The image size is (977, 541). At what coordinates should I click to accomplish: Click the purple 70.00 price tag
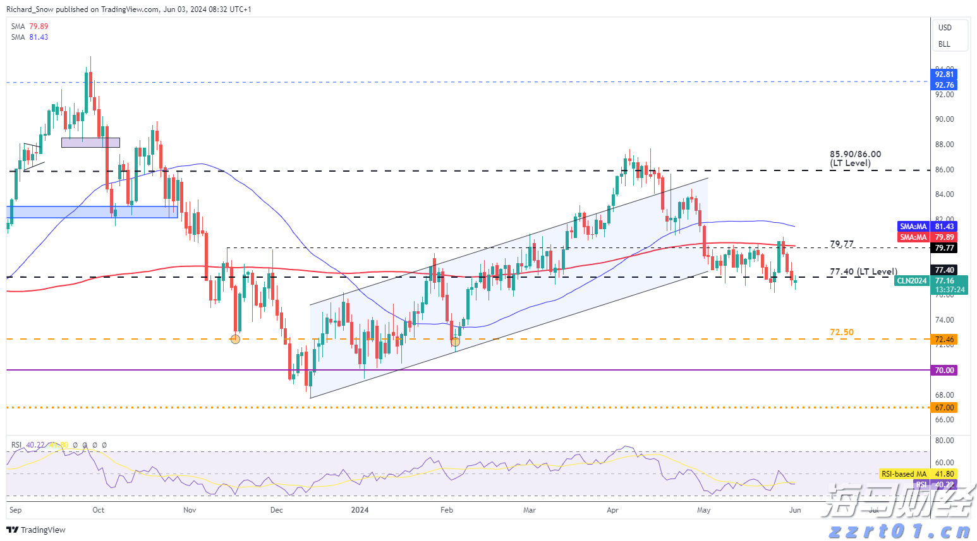click(x=944, y=371)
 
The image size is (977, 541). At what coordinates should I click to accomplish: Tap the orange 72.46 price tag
click(x=944, y=340)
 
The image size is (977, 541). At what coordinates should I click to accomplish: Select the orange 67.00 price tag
click(x=944, y=408)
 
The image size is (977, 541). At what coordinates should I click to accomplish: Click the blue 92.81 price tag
click(x=944, y=74)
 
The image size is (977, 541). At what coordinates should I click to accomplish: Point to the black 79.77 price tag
click(x=944, y=248)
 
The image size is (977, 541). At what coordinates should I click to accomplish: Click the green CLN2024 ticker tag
click(x=911, y=281)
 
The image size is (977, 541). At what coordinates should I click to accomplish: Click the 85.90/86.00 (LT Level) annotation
click(x=855, y=158)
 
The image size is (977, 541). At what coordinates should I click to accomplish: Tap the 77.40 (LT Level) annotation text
click(x=863, y=272)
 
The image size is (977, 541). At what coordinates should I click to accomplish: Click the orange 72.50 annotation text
click(x=841, y=332)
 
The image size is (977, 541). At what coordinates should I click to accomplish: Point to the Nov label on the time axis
click(x=190, y=510)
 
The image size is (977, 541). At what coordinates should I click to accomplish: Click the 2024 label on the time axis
click(x=360, y=510)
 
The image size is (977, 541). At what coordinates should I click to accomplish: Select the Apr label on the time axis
click(x=612, y=510)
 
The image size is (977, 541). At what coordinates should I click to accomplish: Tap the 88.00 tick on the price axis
click(x=944, y=145)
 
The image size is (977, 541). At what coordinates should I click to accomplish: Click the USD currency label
click(x=945, y=28)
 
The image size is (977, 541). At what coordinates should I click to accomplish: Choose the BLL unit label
click(x=944, y=44)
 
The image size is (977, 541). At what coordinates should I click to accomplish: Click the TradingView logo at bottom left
click(x=36, y=530)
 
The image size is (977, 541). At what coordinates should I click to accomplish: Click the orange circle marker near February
click(x=455, y=342)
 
